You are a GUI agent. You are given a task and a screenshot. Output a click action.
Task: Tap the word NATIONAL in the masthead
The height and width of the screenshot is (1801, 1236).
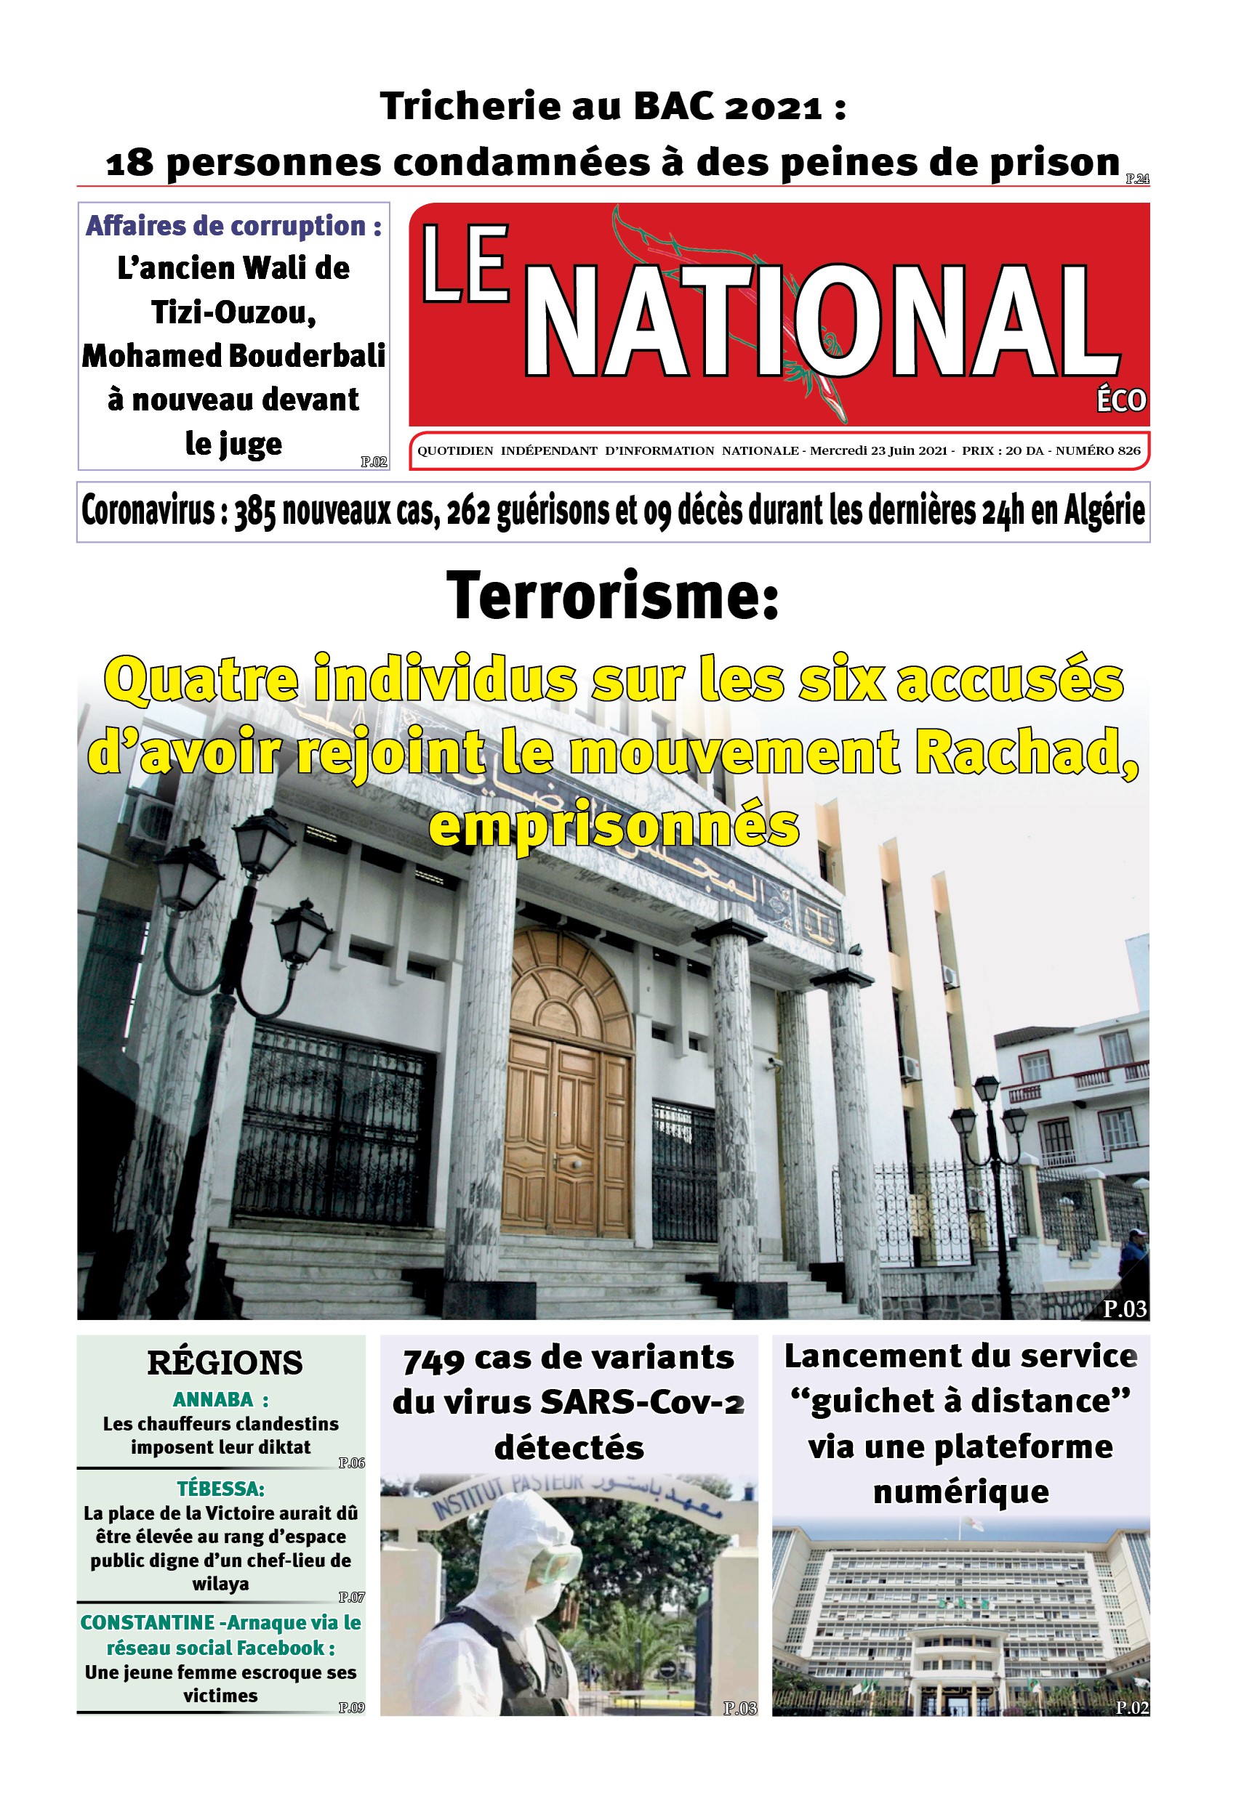click(822, 321)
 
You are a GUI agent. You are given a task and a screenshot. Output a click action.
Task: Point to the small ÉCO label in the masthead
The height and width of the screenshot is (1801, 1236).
click(1120, 400)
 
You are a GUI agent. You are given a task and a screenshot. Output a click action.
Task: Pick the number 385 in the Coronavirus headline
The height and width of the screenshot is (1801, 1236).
click(255, 512)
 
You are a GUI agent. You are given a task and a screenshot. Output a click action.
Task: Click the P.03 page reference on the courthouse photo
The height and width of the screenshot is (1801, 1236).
click(1124, 1309)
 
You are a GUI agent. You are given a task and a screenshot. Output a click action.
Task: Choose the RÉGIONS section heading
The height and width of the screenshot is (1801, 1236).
click(225, 1362)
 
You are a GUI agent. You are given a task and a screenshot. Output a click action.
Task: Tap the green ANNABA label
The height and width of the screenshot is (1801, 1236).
click(213, 1399)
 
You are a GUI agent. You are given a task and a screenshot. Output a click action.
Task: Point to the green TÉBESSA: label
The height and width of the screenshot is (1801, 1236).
click(220, 1489)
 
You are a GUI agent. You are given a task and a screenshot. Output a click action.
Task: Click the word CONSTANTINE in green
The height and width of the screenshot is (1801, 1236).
click(148, 1622)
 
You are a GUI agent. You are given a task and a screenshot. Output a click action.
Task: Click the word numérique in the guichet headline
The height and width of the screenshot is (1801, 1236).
click(960, 1491)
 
